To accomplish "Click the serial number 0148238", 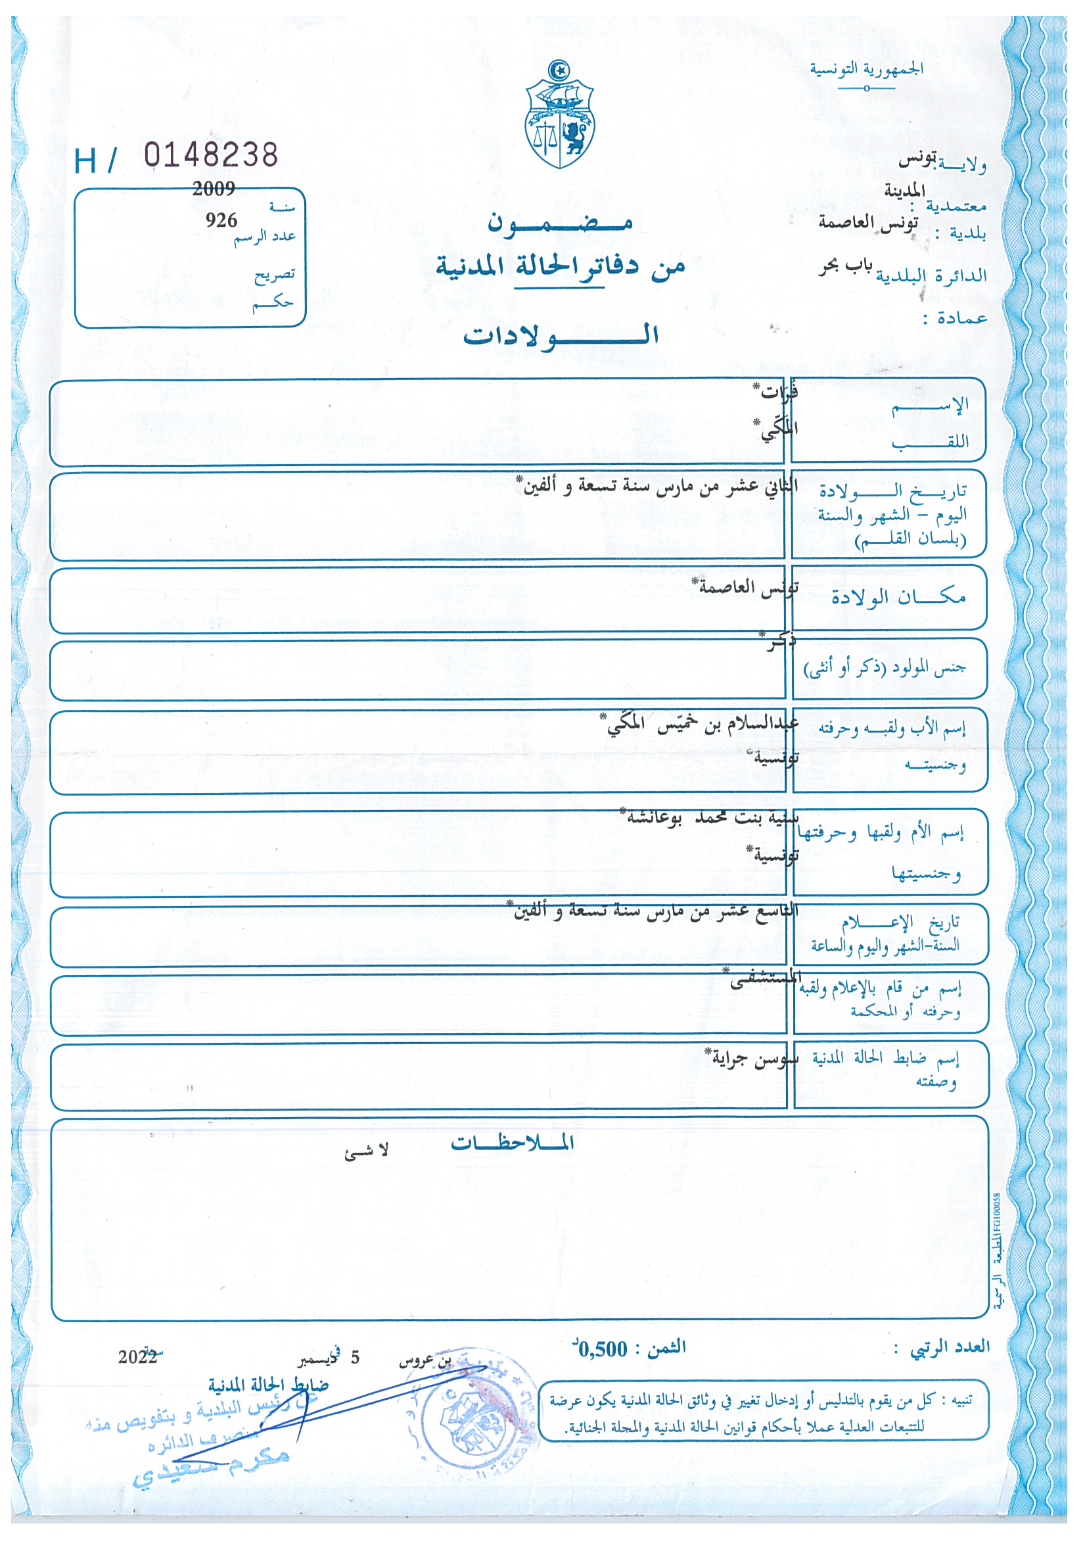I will click(211, 155).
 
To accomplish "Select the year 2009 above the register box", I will click(214, 189).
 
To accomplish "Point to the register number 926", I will click(221, 220).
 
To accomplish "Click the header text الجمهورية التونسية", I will click(866, 68).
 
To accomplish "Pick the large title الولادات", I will click(561, 335).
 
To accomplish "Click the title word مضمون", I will click(560, 223).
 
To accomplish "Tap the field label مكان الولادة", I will click(898, 597).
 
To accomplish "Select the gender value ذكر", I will click(779, 642).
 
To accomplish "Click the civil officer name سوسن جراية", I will click(752, 1059).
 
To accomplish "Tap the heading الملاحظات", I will click(513, 1143).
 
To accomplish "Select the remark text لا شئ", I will click(366, 1151).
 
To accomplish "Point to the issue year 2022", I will click(138, 1356).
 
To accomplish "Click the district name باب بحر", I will click(845, 266).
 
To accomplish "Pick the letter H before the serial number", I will click(85, 162).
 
